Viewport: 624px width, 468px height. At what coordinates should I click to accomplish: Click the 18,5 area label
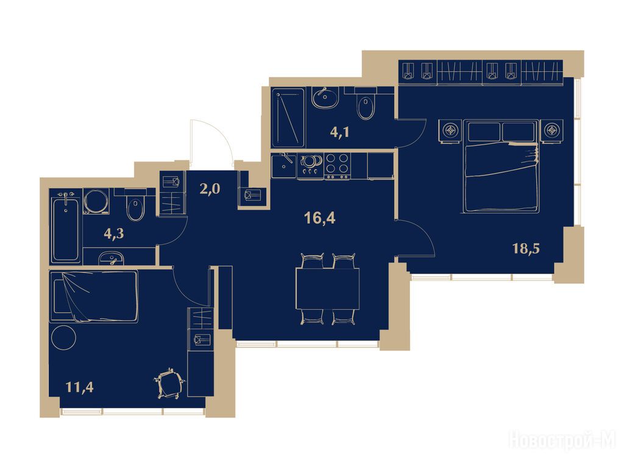526,249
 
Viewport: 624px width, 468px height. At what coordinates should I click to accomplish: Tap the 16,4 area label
319,218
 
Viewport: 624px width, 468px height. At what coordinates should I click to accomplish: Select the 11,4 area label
80,386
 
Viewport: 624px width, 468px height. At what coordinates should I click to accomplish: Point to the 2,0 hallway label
210,189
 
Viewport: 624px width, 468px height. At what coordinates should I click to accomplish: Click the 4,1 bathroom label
340,132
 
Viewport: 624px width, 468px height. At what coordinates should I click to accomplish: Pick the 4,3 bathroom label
114,233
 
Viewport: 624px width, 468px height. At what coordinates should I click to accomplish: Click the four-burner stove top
338,166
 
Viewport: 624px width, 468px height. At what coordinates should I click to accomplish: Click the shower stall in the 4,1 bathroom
288,118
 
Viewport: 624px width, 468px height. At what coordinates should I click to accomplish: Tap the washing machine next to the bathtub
96,201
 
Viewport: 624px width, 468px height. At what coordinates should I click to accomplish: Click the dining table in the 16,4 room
327,289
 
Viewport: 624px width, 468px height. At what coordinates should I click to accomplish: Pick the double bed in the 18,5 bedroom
500,166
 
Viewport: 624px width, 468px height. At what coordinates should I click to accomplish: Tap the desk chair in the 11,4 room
170,383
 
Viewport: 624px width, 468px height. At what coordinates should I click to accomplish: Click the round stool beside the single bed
63,338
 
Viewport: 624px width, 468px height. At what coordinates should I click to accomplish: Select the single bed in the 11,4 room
94,296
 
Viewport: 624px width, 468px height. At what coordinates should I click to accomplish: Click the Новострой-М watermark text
562,441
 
